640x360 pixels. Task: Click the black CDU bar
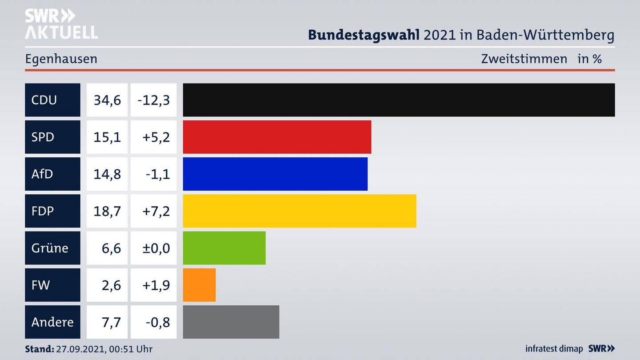tap(399, 100)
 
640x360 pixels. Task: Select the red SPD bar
tap(277, 137)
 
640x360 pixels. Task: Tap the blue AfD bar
tap(275, 174)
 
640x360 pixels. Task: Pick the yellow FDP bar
tap(300, 211)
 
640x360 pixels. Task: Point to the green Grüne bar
tap(224, 248)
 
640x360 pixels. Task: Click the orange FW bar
tap(199, 285)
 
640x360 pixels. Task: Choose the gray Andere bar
tap(231, 322)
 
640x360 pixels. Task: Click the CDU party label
tap(44, 100)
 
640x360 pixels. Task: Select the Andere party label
tap(52, 322)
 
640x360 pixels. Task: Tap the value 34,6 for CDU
tap(107, 100)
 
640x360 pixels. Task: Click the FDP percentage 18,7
tap(107, 211)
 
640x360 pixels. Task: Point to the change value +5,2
tap(156, 137)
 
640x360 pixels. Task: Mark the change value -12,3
tap(154, 100)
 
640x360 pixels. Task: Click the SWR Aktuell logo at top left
tap(61, 24)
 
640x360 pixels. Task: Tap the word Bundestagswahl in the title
tap(364, 35)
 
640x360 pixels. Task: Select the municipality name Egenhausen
tap(61, 59)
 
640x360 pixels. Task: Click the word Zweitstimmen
tap(524, 59)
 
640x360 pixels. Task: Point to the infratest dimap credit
tap(554, 349)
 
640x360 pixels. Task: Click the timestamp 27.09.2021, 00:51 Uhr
tap(104, 349)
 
